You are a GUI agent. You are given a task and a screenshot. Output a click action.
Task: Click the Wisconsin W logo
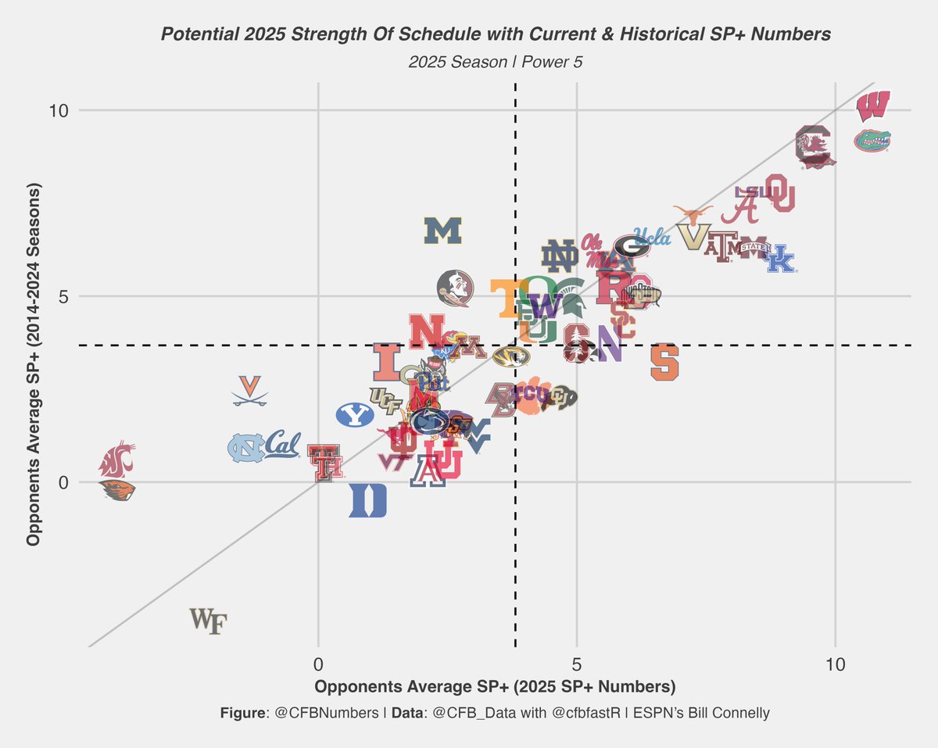[x=872, y=106]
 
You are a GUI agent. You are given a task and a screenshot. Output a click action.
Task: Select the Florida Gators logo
[x=872, y=141]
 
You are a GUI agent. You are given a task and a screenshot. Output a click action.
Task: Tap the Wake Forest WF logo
[x=208, y=621]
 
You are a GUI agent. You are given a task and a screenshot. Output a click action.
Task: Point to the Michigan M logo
[x=443, y=231]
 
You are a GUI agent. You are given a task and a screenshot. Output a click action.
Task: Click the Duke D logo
[x=367, y=501]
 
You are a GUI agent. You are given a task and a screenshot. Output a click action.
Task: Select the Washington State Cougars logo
[x=116, y=459]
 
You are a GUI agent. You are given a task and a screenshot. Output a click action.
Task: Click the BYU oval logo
[x=355, y=415]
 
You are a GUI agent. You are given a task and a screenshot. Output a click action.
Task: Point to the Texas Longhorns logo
[x=693, y=214]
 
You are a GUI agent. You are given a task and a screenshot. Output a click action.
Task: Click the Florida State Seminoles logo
[x=454, y=288]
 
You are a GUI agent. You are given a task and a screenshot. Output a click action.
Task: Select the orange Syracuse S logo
[x=665, y=362]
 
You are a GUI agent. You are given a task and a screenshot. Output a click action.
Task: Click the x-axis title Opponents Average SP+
[x=422, y=688]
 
